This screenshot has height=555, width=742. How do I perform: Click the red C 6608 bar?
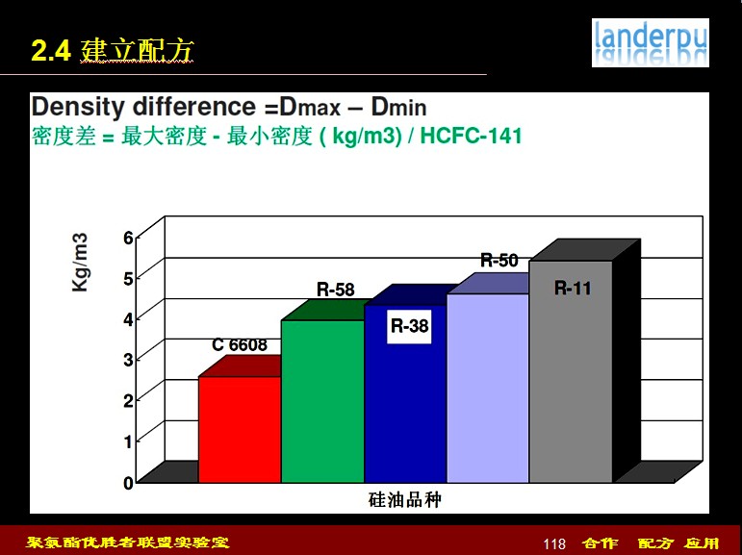[x=240, y=429]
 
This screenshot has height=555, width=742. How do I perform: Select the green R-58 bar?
[x=322, y=401]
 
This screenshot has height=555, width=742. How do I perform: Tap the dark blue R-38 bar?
[x=405, y=393]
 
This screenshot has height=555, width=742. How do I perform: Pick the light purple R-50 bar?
[x=487, y=388]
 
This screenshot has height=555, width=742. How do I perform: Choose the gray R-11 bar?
[x=571, y=371]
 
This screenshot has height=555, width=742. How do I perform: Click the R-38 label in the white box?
[x=409, y=326]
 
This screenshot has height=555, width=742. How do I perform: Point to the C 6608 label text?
[x=240, y=345]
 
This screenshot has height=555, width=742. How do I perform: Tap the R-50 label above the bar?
[x=499, y=261]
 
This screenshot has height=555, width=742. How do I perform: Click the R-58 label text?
[x=336, y=290]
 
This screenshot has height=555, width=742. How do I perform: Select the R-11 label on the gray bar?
[x=573, y=289]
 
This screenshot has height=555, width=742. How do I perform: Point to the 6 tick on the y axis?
[x=128, y=238]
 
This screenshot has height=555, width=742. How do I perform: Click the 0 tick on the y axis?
[x=128, y=483]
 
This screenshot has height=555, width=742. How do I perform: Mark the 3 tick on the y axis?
[x=128, y=360]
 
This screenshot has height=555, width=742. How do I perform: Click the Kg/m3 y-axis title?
[x=80, y=263]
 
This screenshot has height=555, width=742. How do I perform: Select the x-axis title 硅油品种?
[x=404, y=499]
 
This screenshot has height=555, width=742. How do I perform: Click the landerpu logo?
[x=651, y=42]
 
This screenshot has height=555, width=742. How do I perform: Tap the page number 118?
[x=554, y=544]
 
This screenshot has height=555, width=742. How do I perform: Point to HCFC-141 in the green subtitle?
[x=471, y=136]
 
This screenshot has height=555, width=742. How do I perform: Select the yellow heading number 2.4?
[x=51, y=51]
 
